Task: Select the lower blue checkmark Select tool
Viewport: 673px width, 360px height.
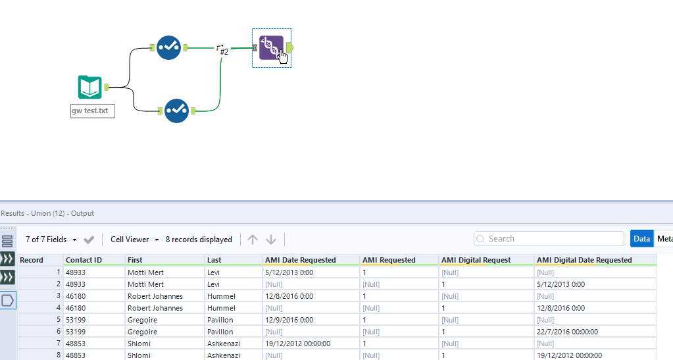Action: coord(176,111)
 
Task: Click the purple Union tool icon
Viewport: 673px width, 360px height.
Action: coord(270,47)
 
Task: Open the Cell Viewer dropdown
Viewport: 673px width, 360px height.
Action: coord(135,240)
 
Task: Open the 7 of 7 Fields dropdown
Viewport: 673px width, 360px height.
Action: coord(51,240)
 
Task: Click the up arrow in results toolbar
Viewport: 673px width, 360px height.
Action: coord(253,240)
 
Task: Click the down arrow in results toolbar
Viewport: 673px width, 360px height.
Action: coord(271,240)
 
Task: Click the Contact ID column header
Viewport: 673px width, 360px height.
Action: coord(84,260)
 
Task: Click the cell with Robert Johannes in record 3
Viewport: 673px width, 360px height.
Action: coord(155,296)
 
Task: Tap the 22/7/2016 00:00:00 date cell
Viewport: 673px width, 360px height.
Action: coord(567,332)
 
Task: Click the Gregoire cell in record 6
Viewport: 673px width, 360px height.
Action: coord(143,332)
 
